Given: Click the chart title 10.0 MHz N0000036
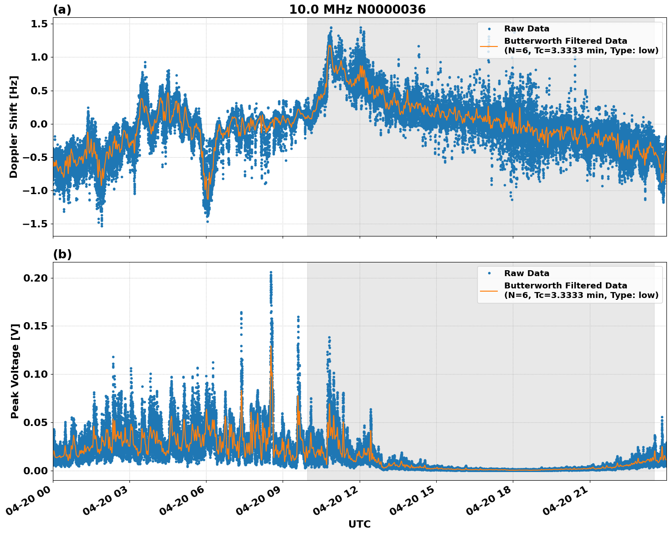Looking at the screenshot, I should coord(357,10).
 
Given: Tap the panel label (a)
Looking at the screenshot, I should coord(62,10).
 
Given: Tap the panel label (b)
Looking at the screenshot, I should coord(62,254).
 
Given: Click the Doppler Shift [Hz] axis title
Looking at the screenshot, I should coord(14,127).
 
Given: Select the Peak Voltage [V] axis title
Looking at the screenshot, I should coord(15,371).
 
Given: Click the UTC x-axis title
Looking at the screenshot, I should coord(359,524).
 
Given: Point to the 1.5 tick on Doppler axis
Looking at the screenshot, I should coord(40,24).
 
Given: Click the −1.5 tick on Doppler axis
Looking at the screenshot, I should coord(36,224).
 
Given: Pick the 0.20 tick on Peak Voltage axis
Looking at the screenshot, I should coord(36,278).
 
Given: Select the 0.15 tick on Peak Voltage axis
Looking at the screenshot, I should coord(36,326).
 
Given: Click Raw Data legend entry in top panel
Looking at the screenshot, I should coord(526,29).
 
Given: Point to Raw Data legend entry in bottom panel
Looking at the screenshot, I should coord(526,273).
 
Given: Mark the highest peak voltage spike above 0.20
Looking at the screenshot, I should coord(270,272).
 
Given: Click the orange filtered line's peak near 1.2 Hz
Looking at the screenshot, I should coord(329,46).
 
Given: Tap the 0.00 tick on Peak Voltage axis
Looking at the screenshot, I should coord(36,471).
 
